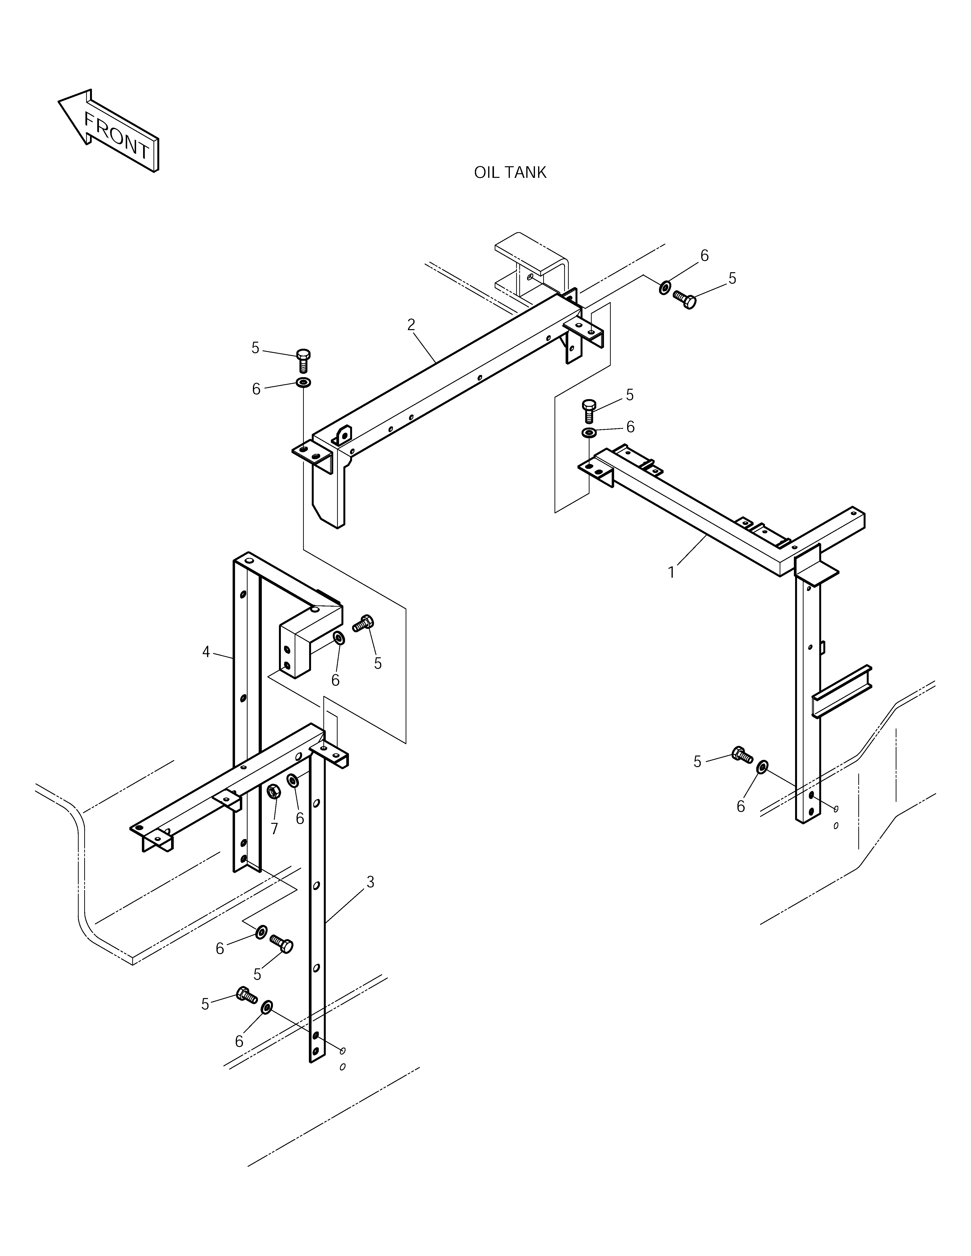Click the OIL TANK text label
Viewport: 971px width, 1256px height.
click(x=510, y=173)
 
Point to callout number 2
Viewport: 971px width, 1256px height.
click(x=411, y=325)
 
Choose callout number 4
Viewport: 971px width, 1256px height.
click(x=206, y=652)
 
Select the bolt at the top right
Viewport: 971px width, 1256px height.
click(x=685, y=299)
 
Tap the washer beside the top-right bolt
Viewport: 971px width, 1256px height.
click(x=664, y=287)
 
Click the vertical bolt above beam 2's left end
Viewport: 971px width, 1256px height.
click(x=303, y=361)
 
